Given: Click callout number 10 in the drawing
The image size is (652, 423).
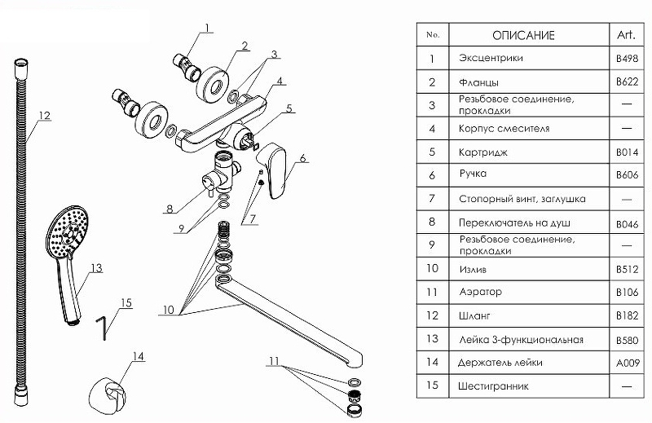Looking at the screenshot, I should [x=169, y=308].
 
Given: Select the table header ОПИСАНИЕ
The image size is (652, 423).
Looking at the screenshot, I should [x=523, y=35].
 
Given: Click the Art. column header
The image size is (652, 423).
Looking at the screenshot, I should [x=626, y=35].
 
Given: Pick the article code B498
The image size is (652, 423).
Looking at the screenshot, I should [x=626, y=59].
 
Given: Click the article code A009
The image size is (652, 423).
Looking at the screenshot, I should [x=626, y=362].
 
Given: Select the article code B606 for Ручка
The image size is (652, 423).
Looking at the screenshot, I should [x=626, y=175].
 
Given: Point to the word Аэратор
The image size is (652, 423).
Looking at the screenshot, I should [x=481, y=292].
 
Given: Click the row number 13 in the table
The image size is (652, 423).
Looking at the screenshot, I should [x=433, y=339].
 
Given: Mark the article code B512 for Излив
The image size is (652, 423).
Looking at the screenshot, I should [x=626, y=269].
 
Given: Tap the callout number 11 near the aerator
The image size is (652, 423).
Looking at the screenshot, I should [x=275, y=360].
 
